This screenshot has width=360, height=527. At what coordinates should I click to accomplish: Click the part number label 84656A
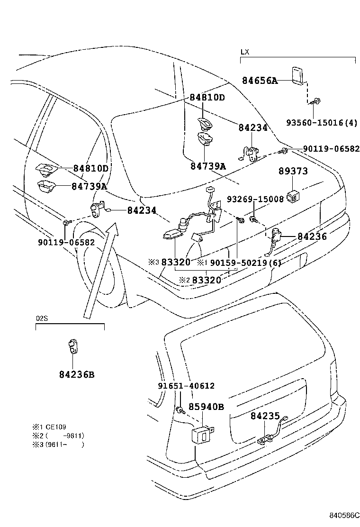click(x=260, y=81)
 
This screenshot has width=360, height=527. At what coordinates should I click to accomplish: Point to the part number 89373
click(x=293, y=171)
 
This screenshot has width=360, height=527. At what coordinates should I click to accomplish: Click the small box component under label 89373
click(x=295, y=195)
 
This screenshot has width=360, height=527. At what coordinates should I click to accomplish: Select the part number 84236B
click(x=77, y=374)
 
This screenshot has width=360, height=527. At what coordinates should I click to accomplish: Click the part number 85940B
click(x=206, y=407)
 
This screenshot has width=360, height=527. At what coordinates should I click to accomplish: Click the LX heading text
click(x=244, y=52)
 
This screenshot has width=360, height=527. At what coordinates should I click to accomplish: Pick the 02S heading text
click(x=42, y=318)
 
